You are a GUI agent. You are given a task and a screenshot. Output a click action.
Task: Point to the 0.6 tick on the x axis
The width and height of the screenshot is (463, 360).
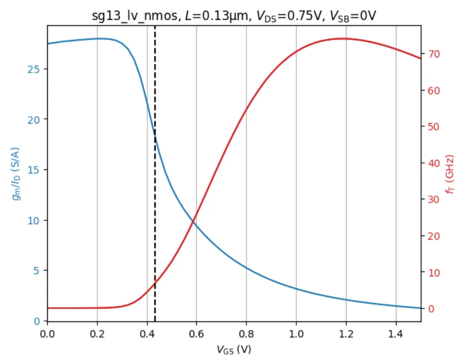(x=196, y=332)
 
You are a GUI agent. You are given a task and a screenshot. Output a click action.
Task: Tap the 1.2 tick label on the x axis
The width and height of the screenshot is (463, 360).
(x=346, y=332)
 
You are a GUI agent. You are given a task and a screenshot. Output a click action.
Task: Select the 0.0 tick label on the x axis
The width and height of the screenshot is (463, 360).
(x=47, y=332)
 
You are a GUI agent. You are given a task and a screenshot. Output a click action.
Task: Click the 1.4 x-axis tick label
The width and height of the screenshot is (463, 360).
(x=396, y=332)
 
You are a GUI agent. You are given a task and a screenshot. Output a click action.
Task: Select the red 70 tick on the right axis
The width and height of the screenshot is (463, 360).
(x=434, y=54)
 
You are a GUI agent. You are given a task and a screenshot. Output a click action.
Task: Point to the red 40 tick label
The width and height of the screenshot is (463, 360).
(x=434, y=163)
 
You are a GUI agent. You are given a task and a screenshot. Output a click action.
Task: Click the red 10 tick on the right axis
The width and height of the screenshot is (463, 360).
(x=434, y=272)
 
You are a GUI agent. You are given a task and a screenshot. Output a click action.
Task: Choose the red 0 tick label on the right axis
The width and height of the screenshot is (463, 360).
(x=432, y=309)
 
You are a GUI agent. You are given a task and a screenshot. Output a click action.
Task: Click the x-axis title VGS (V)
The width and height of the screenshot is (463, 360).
(x=234, y=349)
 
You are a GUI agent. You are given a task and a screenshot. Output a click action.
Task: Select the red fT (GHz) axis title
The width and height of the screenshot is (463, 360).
(x=452, y=174)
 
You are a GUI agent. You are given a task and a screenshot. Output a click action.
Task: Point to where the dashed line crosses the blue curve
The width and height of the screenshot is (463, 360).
(x=155, y=136)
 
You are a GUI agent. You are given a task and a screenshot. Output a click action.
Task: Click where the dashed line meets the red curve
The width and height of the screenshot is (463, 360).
(x=155, y=282)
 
